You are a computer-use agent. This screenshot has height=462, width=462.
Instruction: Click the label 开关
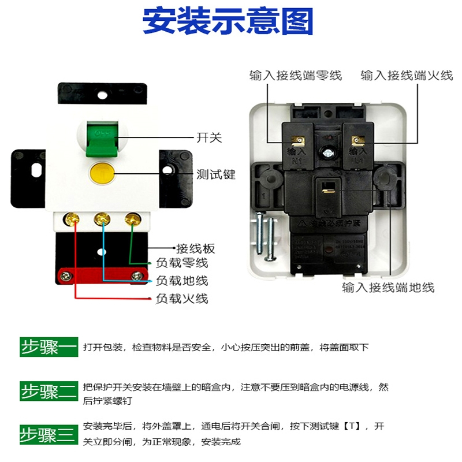pyautogui.click(x=209, y=138)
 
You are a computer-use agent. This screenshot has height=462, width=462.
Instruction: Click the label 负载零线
pyautogui.click(x=182, y=263)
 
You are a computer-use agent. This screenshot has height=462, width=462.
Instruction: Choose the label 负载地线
pyautogui.click(x=182, y=281)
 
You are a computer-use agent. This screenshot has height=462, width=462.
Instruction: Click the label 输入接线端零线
pyautogui.click(x=296, y=75)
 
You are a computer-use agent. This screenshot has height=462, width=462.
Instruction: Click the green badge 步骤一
pyautogui.click(x=49, y=347)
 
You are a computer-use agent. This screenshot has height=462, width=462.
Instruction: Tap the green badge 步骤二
pyautogui.click(x=49, y=392)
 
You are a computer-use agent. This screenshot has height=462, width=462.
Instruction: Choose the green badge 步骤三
pyautogui.click(x=49, y=434)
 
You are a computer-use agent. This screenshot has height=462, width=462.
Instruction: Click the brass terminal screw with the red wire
pyautogui.click(x=73, y=218)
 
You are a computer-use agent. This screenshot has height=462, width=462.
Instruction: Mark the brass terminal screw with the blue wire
pyautogui.click(x=102, y=218)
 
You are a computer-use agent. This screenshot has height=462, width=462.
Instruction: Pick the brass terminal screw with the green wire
pyautogui.click(x=132, y=218)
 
